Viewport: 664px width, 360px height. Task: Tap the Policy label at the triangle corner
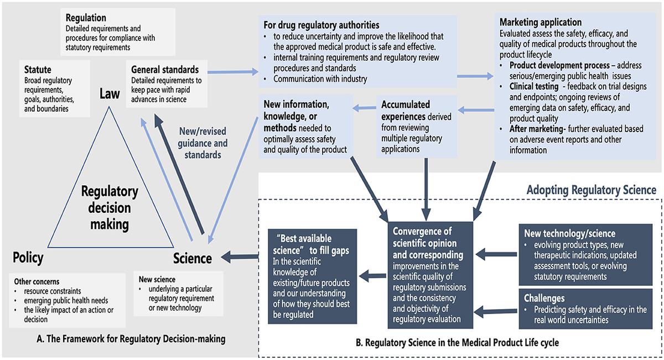pos(28,258)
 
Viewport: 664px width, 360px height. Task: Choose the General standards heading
pos(165,69)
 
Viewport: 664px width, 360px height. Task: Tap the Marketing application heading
pos(541,23)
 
